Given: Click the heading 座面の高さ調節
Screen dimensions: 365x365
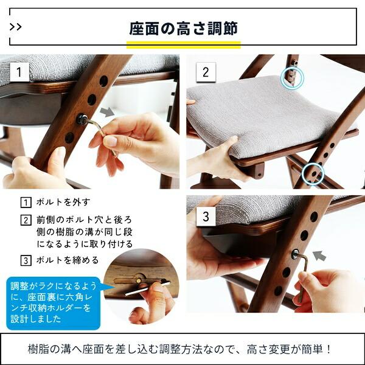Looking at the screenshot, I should pos(183,29).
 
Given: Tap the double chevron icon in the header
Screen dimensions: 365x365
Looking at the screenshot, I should pos(16,27).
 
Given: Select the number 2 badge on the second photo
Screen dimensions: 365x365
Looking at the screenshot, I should pos(205,72).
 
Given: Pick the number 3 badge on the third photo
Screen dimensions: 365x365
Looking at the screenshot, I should pos(206,216).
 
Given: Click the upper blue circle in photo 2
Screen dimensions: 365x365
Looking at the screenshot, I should pos(291,77).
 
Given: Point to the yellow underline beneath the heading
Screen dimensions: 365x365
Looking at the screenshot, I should pos(184,44).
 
